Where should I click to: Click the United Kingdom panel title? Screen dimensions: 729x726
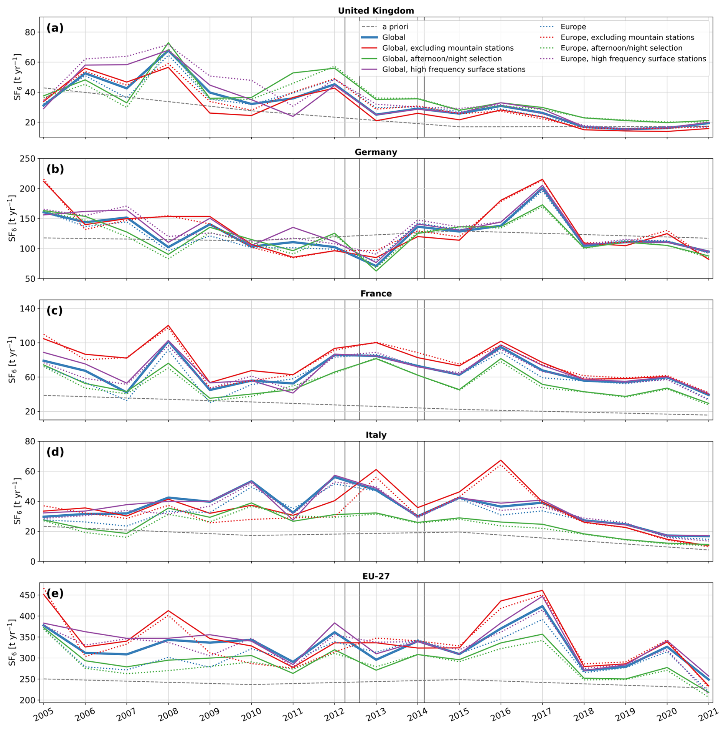coord(376,11)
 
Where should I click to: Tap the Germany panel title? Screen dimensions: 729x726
coord(376,152)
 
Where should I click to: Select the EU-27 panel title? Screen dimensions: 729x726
coord(376,576)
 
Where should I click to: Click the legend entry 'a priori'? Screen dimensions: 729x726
coord(395,27)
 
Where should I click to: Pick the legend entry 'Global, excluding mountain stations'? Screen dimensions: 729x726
coord(447,48)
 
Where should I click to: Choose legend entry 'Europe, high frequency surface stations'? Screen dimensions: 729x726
coord(633,59)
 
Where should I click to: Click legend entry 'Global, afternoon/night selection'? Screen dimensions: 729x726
coord(442,59)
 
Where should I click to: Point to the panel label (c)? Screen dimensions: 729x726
coord(55,310)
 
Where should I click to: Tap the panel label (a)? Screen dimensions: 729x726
coord(55,28)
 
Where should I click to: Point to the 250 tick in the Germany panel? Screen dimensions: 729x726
coord(27,159)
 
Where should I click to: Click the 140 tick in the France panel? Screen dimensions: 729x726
coord(27,308)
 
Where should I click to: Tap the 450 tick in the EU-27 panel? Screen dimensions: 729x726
coord(27,595)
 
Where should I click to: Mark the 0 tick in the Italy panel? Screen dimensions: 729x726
coord(32,561)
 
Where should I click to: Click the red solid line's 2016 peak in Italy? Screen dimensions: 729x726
coord(501,460)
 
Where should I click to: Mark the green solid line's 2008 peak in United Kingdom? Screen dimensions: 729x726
coord(168,43)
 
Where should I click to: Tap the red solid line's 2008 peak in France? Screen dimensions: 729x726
coord(168,325)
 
